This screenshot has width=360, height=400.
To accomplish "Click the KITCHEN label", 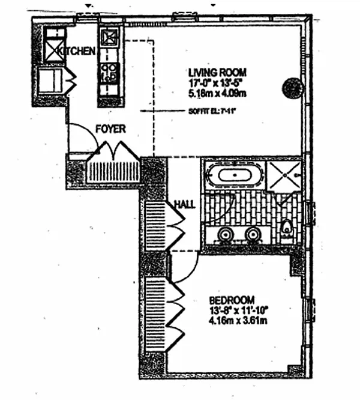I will (x=77, y=51).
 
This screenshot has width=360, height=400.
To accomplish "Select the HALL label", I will (x=184, y=204).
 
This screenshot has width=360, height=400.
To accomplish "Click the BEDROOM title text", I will (x=232, y=299).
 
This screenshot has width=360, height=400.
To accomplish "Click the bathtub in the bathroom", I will (x=234, y=177).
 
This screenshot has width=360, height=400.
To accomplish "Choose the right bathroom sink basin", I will (x=253, y=234).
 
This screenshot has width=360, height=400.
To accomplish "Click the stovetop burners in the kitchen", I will (x=110, y=72).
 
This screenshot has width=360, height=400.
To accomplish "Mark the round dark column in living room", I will (x=292, y=88).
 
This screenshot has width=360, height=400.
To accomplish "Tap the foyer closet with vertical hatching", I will (x=113, y=171).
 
